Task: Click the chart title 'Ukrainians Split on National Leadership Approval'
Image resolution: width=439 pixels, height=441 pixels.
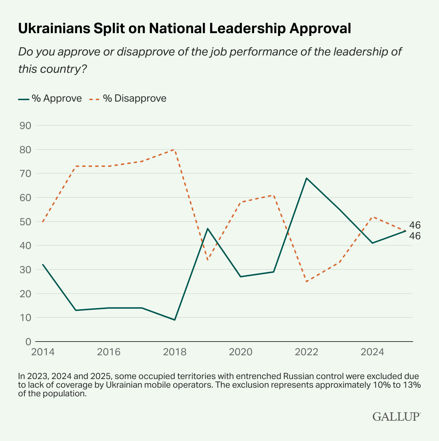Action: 184,28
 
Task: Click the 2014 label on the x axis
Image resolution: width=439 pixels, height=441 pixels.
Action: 43,352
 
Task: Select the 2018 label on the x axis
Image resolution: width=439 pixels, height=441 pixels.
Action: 175,352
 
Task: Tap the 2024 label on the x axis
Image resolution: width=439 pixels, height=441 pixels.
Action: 372,352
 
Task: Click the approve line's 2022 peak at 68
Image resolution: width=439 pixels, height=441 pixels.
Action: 307,178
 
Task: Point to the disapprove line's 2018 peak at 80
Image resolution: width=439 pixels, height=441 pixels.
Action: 175,149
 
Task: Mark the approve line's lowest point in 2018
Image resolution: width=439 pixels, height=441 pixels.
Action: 175,320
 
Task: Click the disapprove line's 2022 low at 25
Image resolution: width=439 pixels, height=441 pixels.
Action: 307,281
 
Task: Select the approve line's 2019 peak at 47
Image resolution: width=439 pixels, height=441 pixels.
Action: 208,228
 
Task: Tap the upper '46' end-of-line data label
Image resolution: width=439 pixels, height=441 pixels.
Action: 415,225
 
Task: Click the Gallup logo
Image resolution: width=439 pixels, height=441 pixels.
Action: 396,416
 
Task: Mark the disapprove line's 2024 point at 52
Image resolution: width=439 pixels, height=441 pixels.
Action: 372,217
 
